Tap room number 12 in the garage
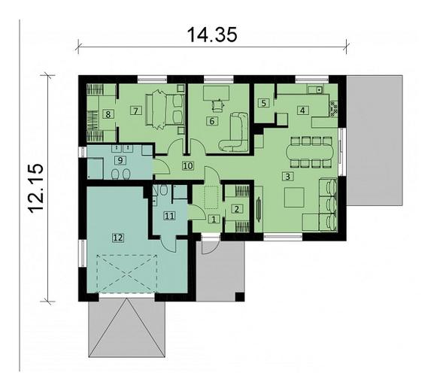tap(117, 238)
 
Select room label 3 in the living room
tap(287, 177)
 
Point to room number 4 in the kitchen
tap(302, 110)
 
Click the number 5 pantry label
tap(263, 103)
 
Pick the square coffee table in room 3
tap(294, 197)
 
